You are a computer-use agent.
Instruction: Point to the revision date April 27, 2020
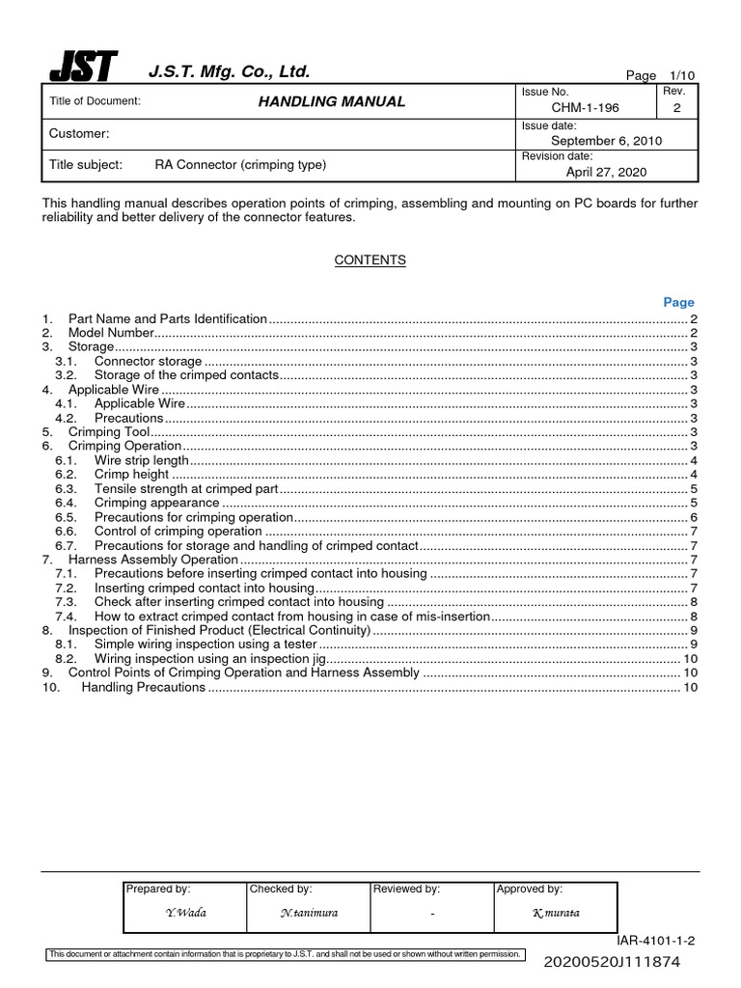click(606, 172)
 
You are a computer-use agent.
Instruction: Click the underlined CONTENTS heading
click(370, 261)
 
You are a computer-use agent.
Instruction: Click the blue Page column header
click(678, 302)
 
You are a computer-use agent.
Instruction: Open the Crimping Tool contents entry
click(108, 432)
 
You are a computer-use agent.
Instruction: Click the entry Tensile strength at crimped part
click(186, 489)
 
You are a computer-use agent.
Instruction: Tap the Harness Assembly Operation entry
click(152, 560)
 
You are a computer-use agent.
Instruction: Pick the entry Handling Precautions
click(143, 687)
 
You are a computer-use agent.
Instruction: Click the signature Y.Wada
click(185, 912)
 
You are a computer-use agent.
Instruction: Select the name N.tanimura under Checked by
click(309, 912)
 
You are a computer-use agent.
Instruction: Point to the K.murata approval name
click(556, 912)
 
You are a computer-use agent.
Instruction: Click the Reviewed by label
click(406, 889)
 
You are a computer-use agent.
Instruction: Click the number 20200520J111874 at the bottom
click(626, 962)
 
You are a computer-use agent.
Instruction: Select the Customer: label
click(79, 133)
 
